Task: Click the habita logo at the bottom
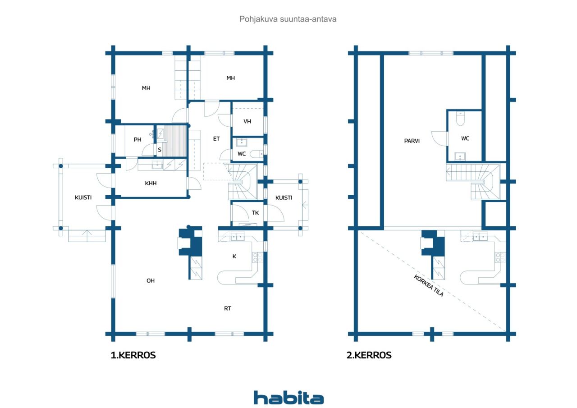tap(288, 398)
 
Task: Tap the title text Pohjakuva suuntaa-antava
tap(288, 19)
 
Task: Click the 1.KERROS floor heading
tap(133, 355)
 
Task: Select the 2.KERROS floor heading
tap(369, 355)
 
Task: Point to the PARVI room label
tap(412, 141)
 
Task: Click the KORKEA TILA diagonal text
tap(429, 286)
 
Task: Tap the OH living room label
tap(151, 281)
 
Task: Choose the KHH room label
tap(151, 183)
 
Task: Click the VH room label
tap(247, 121)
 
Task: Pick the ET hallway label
tap(216, 139)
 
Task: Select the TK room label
tap(255, 213)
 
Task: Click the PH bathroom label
tap(137, 140)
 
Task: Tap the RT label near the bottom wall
tap(228, 308)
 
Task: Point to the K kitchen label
tap(234, 256)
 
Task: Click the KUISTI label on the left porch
tap(83, 197)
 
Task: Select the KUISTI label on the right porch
tap(284, 198)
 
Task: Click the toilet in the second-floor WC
tap(460, 119)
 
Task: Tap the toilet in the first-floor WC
tap(257, 154)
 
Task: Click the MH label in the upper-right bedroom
tap(230, 78)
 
